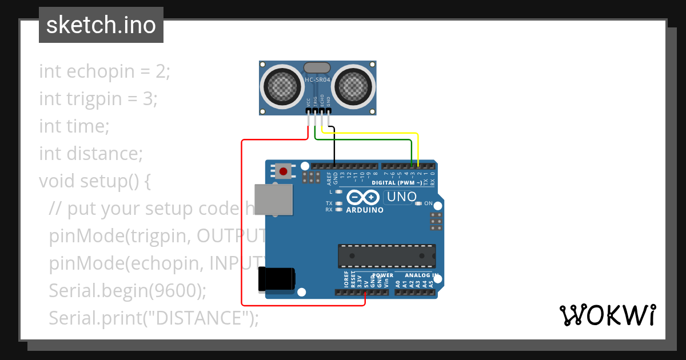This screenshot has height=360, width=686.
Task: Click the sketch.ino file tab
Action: pyautogui.click(x=101, y=25)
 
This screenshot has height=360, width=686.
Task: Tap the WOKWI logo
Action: pyautogui.click(x=607, y=315)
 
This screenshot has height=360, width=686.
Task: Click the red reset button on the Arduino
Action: pyautogui.click(x=283, y=171)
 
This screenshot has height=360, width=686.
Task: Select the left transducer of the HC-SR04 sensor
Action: pyautogui.click(x=281, y=86)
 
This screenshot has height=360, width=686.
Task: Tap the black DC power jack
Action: pyautogui.click(x=277, y=279)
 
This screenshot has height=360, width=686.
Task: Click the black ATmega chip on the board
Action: pyautogui.click(x=386, y=256)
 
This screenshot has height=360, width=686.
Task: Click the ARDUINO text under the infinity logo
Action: pyautogui.click(x=365, y=210)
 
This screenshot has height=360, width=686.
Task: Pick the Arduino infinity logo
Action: pyautogui.click(x=362, y=198)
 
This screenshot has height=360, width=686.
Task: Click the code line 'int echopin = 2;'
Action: pyautogui.click(x=105, y=71)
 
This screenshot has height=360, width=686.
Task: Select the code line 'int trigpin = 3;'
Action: pyautogui.click(x=98, y=99)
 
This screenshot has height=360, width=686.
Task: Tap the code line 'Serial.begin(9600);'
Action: pyautogui.click(x=127, y=290)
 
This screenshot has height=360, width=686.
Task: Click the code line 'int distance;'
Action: pyautogui.click(x=90, y=154)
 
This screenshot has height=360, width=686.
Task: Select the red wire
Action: pyautogui.click(x=242, y=229)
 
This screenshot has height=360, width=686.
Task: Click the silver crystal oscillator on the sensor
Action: pyautogui.click(x=317, y=68)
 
